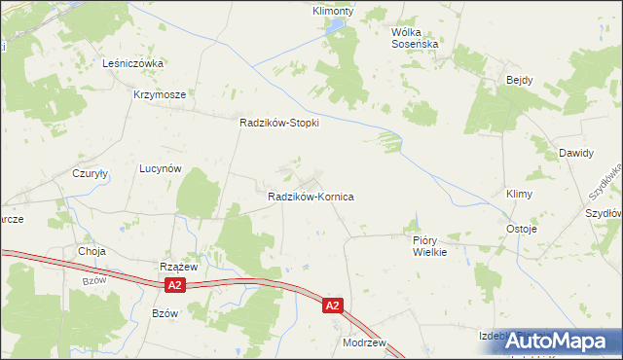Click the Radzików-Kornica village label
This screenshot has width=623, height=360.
311,197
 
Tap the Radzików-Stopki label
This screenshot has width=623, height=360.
279,124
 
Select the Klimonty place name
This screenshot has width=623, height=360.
332,11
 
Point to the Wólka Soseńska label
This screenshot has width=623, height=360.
416,38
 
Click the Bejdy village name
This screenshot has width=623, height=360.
517,80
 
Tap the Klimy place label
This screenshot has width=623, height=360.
519,195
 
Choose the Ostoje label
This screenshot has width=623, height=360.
522,229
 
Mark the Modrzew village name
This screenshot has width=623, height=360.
365,343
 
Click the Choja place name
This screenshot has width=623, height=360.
92,250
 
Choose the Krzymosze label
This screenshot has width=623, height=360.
159,95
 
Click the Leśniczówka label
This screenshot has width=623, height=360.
132,62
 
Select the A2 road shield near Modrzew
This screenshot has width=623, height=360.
333,306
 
